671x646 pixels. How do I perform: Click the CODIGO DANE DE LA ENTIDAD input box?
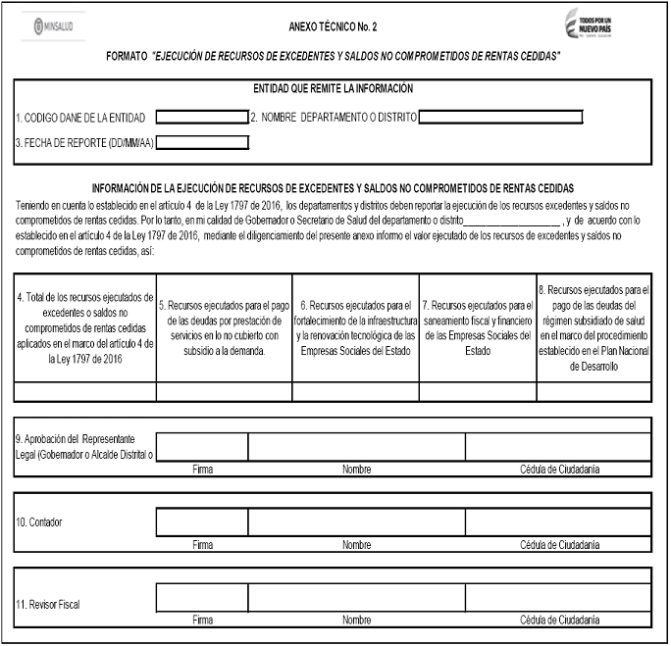[x=202, y=118]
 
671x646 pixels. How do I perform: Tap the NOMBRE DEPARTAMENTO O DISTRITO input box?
[x=500, y=118]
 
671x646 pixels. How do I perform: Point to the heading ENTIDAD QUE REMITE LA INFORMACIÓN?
[x=333, y=89]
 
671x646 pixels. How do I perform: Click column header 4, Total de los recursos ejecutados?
[x=85, y=327]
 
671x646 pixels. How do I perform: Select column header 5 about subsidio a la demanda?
[x=224, y=327]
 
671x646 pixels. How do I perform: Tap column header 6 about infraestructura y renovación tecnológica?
[x=356, y=327]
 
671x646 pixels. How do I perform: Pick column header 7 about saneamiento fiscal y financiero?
[x=478, y=327]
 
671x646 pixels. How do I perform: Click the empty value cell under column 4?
[x=85, y=391]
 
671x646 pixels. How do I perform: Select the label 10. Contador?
[x=39, y=522]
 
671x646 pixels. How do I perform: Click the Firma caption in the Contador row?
[x=202, y=543]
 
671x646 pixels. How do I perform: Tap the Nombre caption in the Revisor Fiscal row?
[x=356, y=620]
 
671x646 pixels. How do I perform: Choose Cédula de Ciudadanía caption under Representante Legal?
[x=560, y=469]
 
